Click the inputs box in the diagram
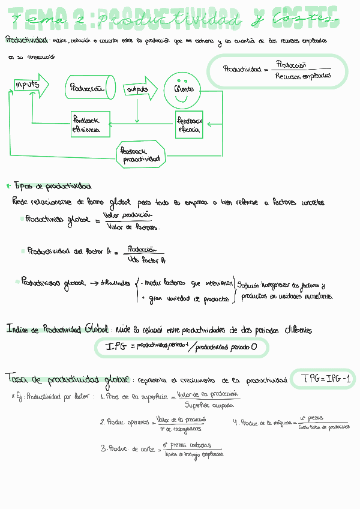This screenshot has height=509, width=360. [x=28, y=85]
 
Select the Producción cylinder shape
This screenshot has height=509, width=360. [x=90, y=88]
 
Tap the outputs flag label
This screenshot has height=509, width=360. [x=137, y=89]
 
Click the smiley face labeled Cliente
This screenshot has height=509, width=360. [x=184, y=88]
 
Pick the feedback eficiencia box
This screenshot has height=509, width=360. [x=90, y=124]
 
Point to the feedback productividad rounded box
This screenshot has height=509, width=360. [x=140, y=154]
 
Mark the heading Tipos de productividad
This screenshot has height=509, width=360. [x=52, y=186]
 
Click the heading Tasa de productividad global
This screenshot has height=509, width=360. [x=67, y=379]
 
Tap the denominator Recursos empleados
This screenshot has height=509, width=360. [x=302, y=76]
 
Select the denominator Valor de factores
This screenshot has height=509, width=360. [x=133, y=227]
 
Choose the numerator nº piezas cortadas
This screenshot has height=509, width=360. [x=192, y=445]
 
